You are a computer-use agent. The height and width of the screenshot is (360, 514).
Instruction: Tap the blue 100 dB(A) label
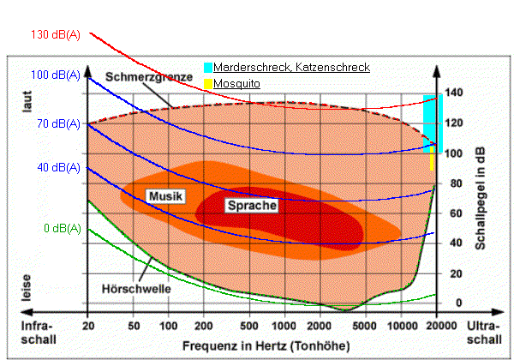click(x=57, y=75)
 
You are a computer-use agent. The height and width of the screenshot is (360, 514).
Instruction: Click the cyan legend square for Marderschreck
click(x=208, y=67)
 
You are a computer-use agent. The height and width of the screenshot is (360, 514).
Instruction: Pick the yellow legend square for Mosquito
click(x=208, y=84)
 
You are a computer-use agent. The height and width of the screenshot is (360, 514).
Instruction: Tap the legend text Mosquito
click(x=237, y=84)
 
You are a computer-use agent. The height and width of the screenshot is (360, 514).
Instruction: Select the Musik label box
click(x=165, y=196)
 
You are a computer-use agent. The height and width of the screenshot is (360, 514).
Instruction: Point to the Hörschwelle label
click(x=136, y=289)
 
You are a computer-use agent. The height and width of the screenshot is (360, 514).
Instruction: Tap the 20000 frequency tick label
click(x=439, y=327)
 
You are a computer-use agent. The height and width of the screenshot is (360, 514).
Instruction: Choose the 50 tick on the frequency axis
click(x=134, y=327)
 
